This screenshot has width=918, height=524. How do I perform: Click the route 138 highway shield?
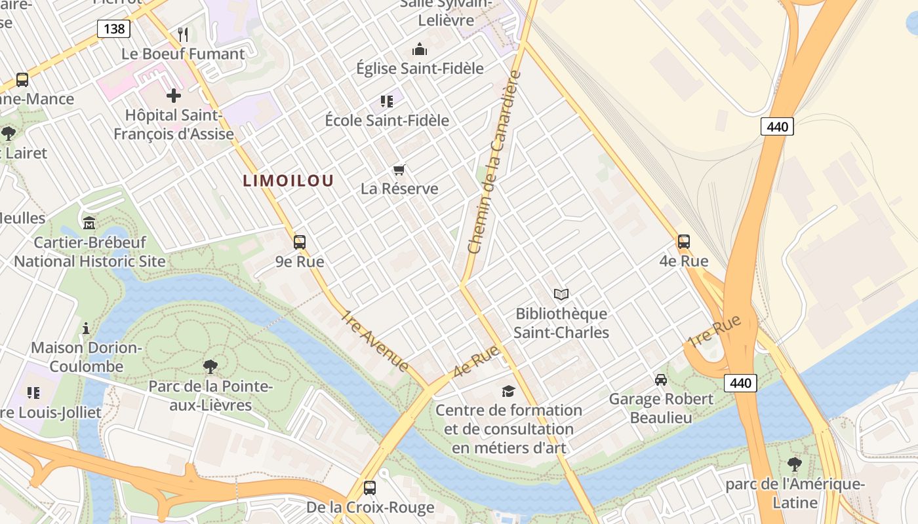click(x=114, y=28)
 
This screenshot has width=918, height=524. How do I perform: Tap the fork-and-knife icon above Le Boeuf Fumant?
click(x=183, y=34)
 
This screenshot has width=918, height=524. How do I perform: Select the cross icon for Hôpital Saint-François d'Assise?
click(x=174, y=96)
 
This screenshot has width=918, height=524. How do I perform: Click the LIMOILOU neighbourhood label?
click(x=289, y=181)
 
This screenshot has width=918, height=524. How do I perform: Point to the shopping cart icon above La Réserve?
click(x=399, y=170)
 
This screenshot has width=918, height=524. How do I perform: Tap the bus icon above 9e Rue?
click(x=300, y=242)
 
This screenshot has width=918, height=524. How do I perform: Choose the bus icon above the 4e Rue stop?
click(x=684, y=242)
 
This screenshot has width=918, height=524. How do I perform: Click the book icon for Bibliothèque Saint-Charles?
click(x=561, y=295)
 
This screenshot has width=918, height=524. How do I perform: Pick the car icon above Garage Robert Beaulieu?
click(x=661, y=380)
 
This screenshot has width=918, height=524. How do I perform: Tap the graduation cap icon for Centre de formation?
click(x=508, y=391)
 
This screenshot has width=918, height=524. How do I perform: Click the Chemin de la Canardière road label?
click(x=494, y=162)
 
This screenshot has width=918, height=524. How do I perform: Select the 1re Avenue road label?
click(x=375, y=341)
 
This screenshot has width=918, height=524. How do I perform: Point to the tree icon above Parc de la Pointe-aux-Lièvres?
click(x=210, y=366)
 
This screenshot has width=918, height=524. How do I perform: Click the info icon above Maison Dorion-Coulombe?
click(x=86, y=327)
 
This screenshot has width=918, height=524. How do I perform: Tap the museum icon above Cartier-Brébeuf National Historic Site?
click(x=89, y=223)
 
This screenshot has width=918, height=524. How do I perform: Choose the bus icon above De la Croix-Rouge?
click(x=370, y=488)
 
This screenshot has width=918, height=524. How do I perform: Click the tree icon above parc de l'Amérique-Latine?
click(x=795, y=464)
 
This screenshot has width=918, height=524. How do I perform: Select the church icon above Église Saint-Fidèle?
click(x=419, y=49)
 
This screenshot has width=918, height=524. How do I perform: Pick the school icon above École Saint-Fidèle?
click(x=387, y=102)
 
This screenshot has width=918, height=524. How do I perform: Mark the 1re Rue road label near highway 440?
click(x=715, y=332)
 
